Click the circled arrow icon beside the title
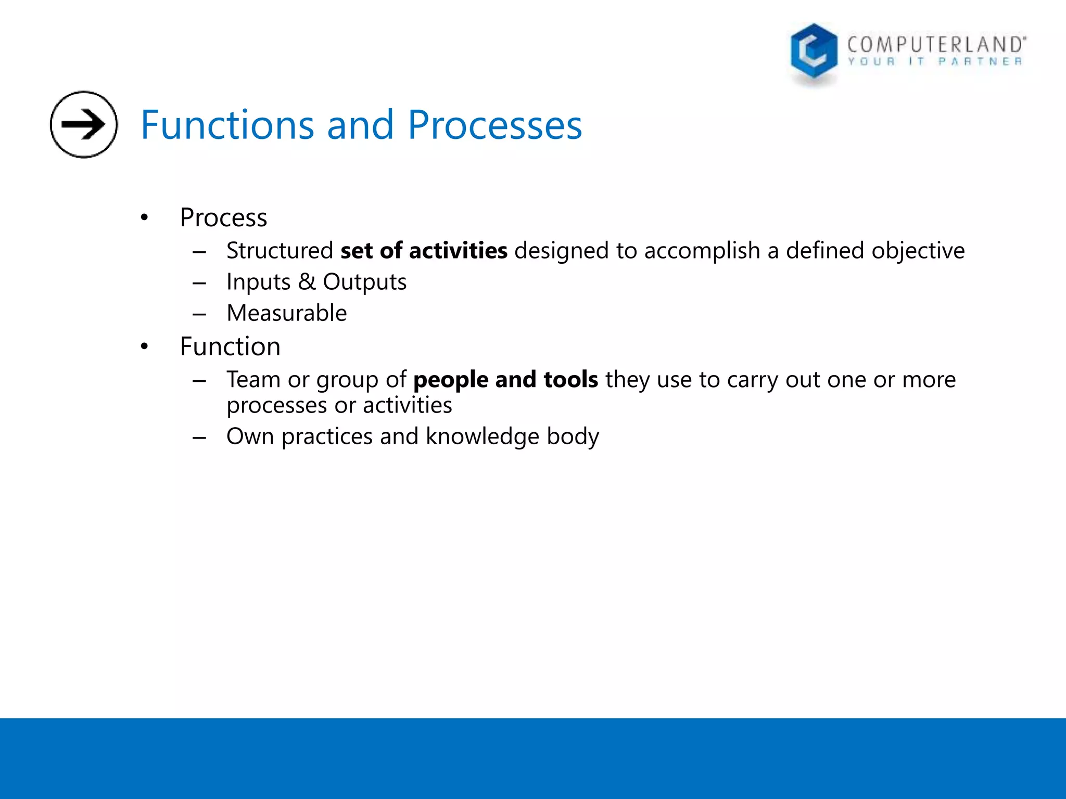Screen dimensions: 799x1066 click(x=83, y=124)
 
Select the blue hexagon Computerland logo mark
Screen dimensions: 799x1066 click(x=814, y=52)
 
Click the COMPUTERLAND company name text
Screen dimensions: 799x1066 click(x=936, y=45)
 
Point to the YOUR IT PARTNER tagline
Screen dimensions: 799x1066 click(x=935, y=62)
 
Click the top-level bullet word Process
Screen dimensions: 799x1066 click(x=223, y=217)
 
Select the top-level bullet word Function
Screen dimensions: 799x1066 click(x=230, y=346)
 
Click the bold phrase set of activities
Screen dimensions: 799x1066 click(x=424, y=251)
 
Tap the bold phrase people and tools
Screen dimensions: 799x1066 click(x=505, y=380)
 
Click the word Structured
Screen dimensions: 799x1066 click(x=280, y=251)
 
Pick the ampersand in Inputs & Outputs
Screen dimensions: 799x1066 click(x=307, y=282)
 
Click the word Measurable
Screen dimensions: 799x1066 click(x=286, y=313)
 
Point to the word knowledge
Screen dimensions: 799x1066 click(x=482, y=436)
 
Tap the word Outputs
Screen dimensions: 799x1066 click(x=364, y=282)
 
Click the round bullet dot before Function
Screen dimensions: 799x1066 click(x=144, y=346)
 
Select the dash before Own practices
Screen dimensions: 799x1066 click(x=199, y=437)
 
